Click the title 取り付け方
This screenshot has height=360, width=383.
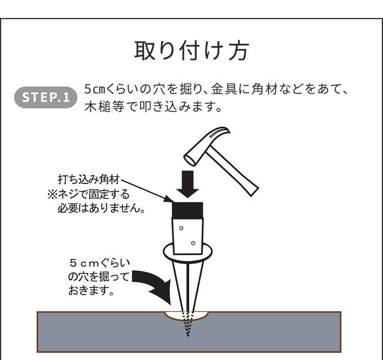pyautogui.click(x=191, y=50)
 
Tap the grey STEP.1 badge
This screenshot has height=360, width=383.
pyautogui.click(x=45, y=97)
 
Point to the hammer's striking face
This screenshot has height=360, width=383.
pyautogui.click(x=190, y=160)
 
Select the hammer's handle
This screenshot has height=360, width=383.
pyautogui.click(x=232, y=171)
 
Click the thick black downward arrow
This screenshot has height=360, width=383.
pyautogui.click(x=188, y=184)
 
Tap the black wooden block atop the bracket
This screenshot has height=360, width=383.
pyautogui.click(x=188, y=210)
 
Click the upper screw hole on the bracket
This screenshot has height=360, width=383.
pyautogui.click(x=181, y=228)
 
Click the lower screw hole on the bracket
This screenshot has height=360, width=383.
pyautogui.click(x=193, y=243)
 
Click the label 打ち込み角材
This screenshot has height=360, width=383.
pyautogui.click(x=89, y=179)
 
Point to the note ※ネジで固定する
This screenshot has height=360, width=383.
pyautogui.click(x=89, y=194)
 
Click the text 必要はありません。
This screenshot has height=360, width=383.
pyautogui.click(x=101, y=208)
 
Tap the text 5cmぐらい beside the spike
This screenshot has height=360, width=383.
pyautogui.click(x=100, y=263)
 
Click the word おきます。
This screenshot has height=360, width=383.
pyautogui.click(x=91, y=291)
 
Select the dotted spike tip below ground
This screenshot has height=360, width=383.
pyautogui.click(x=188, y=323)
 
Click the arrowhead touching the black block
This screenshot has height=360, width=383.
pyautogui.click(x=168, y=199)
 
